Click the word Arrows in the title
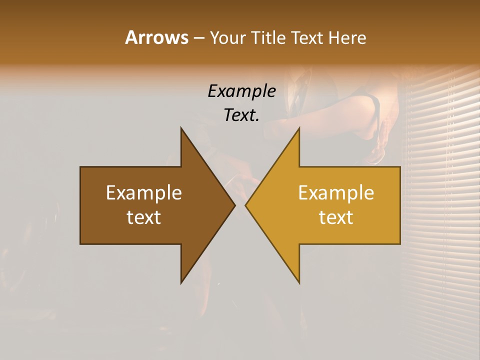click(x=156, y=37)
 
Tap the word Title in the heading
click(x=270, y=38)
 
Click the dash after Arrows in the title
click(x=198, y=38)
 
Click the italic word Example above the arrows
click(x=241, y=91)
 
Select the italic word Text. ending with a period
click(x=241, y=115)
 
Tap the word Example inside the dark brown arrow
click(x=144, y=193)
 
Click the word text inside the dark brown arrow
click(x=144, y=217)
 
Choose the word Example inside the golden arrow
click(x=336, y=193)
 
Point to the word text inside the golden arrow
click(x=336, y=217)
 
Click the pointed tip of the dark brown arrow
click(x=234, y=205)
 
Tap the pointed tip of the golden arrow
click(x=245, y=205)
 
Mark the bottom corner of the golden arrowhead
click(x=299, y=282)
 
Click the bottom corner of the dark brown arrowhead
click(x=181, y=282)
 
